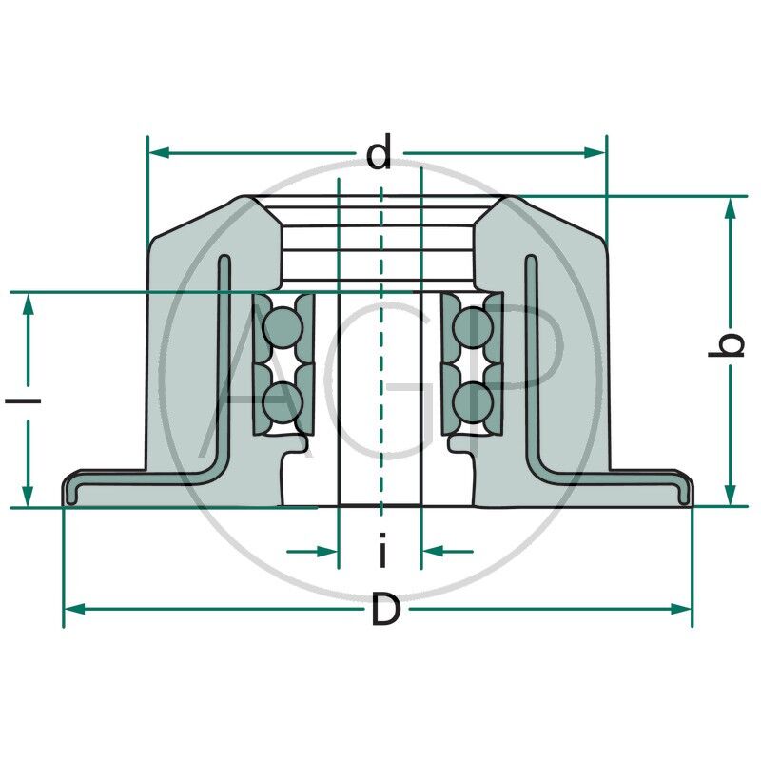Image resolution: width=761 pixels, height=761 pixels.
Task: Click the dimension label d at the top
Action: pyautogui.click(x=380, y=153)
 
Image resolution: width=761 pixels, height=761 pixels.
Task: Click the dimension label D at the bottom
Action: pyautogui.click(x=384, y=610)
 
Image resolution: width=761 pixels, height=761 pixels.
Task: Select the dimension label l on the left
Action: pyautogui.click(x=29, y=400)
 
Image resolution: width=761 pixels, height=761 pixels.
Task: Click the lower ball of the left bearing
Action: pyautogui.click(x=283, y=400)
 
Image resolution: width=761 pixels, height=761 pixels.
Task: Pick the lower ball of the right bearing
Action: pyautogui.click(x=472, y=400)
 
